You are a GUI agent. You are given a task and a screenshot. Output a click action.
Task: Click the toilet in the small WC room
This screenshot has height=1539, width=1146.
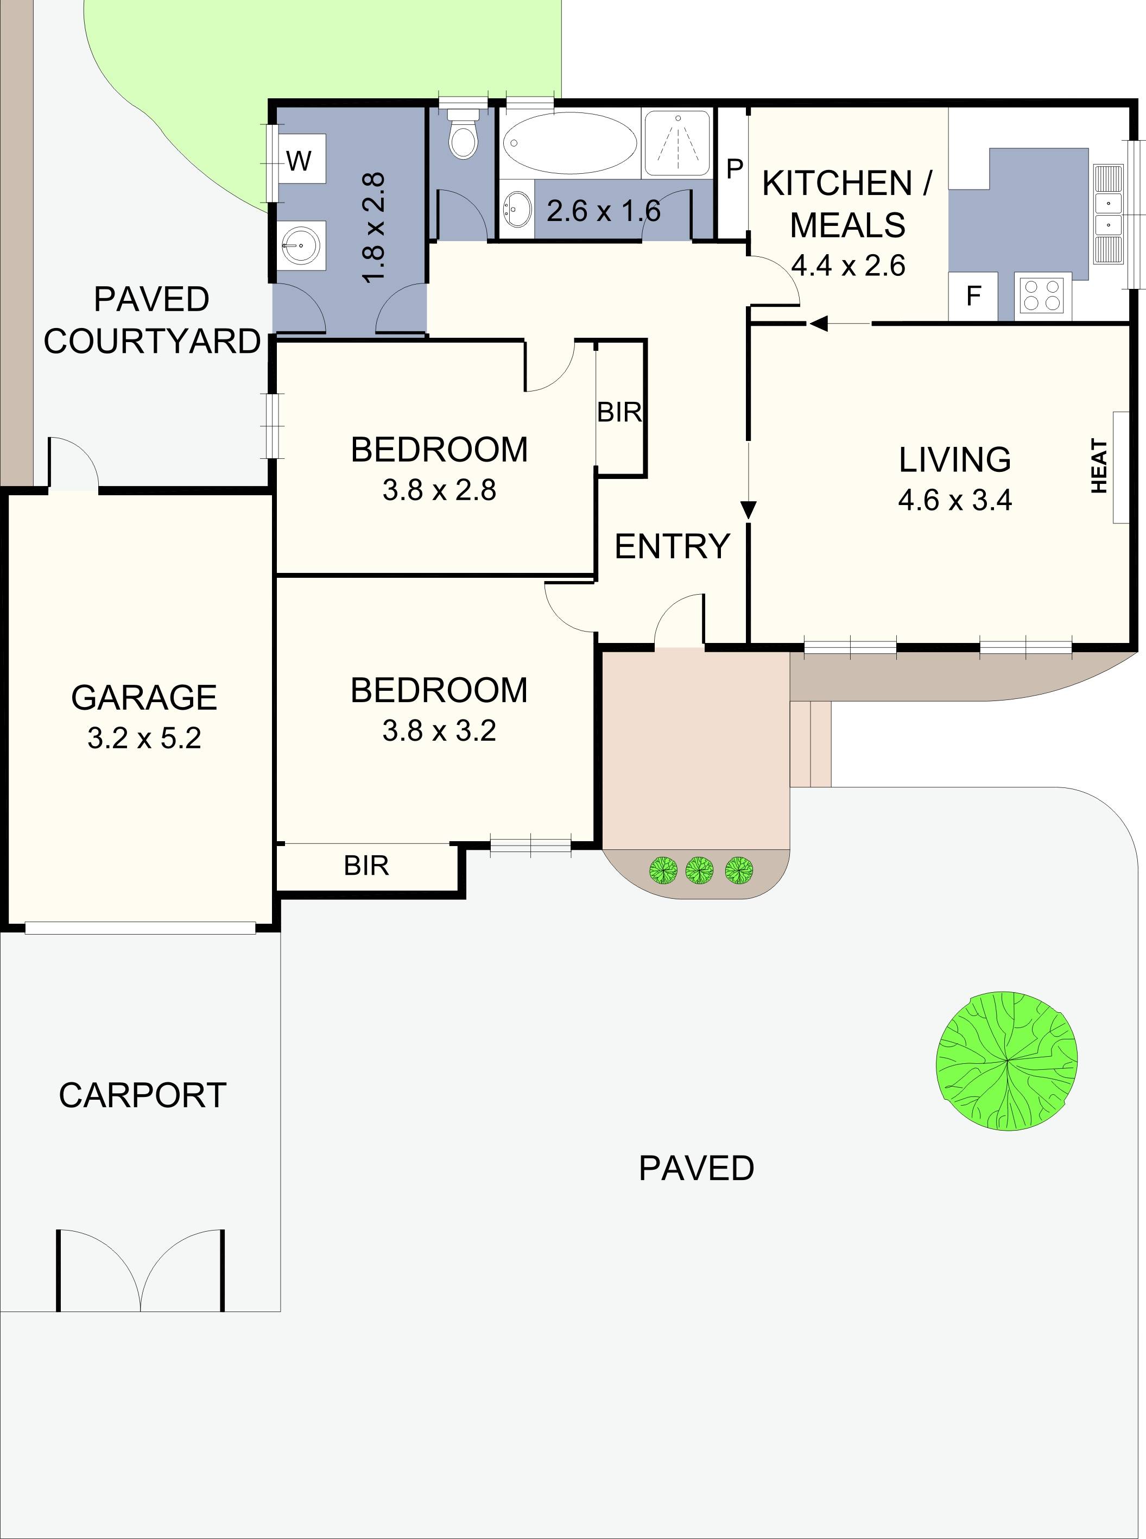(x=463, y=137)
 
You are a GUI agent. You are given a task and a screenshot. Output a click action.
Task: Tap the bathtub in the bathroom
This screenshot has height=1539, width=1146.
(x=569, y=143)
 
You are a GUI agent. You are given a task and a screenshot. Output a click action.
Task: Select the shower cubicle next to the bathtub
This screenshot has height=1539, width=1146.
(x=677, y=143)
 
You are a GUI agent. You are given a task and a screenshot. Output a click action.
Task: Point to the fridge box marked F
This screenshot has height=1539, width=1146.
(x=973, y=297)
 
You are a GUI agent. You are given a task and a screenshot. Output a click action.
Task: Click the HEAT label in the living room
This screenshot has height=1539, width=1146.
(x=1099, y=466)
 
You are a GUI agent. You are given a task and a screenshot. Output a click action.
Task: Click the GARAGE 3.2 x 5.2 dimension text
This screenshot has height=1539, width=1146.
(x=144, y=737)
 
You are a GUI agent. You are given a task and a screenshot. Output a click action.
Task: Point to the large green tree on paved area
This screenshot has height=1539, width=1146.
(x=1006, y=1061)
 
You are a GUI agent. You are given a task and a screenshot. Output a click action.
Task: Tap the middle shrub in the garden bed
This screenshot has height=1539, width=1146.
(x=699, y=869)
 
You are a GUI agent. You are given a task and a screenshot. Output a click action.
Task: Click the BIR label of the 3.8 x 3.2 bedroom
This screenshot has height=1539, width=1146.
(x=366, y=866)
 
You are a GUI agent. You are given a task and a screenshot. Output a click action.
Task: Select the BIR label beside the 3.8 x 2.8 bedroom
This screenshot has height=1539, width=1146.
(x=619, y=412)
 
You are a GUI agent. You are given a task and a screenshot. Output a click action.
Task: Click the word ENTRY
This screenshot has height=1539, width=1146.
(x=672, y=546)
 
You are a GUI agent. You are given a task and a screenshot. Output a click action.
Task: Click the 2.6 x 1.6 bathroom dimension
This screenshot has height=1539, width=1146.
(x=604, y=211)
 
